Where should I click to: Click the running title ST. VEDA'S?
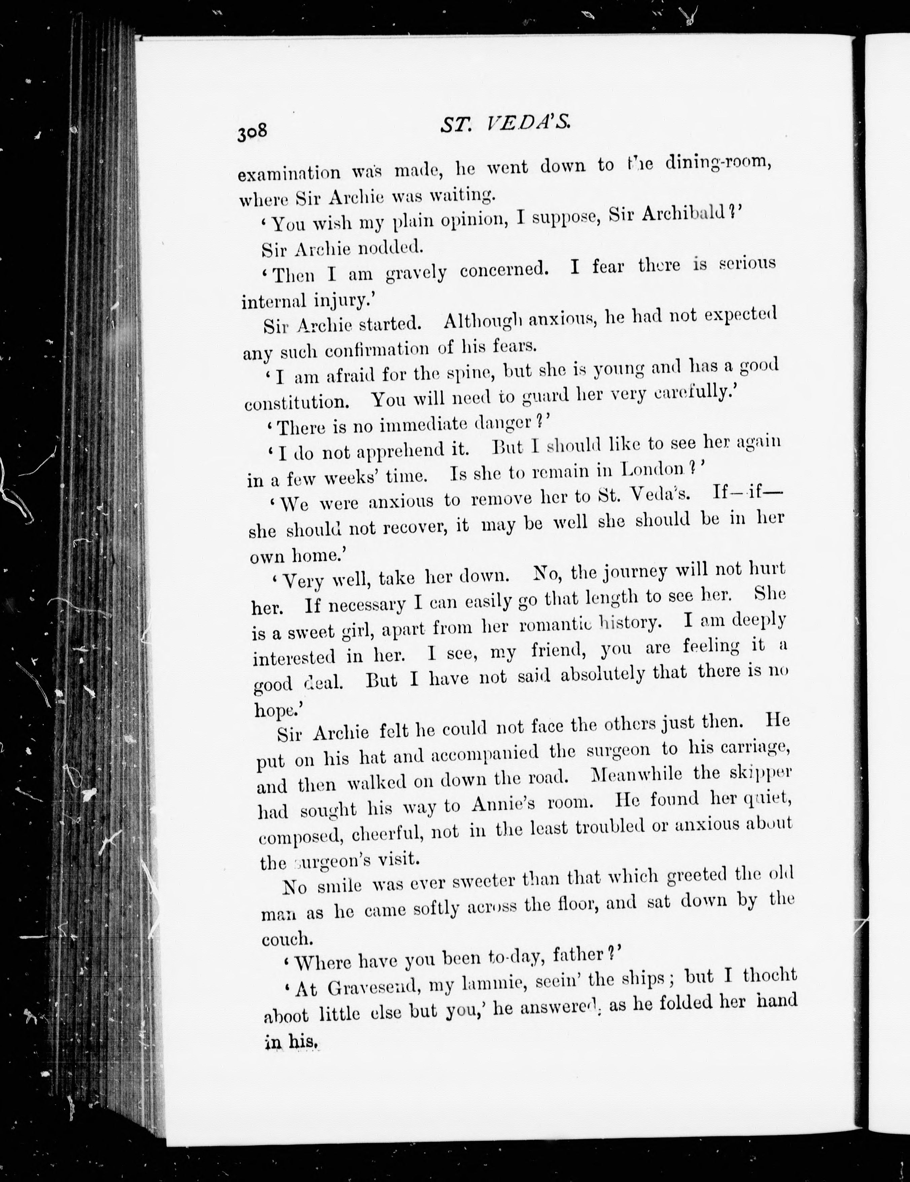tap(505, 126)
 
